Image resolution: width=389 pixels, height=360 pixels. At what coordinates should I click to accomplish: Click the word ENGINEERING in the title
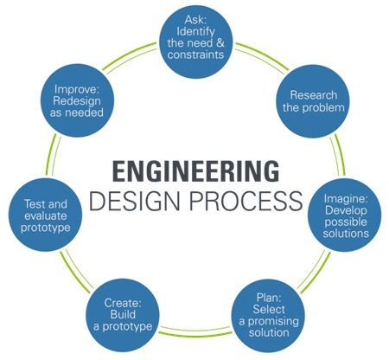click(x=196, y=171)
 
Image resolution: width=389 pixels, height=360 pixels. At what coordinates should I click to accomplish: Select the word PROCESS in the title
click(x=246, y=201)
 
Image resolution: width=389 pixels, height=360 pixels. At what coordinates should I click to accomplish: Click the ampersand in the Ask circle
click(x=220, y=43)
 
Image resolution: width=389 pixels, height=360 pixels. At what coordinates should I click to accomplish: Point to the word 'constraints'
click(x=195, y=55)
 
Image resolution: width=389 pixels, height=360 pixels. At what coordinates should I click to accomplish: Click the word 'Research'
click(x=314, y=95)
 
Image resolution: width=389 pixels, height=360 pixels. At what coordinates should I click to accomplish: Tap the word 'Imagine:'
click(x=346, y=199)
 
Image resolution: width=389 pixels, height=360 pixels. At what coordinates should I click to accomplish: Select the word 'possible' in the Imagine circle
click(x=346, y=222)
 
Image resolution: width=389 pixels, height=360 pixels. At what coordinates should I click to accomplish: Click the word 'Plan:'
click(x=269, y=298)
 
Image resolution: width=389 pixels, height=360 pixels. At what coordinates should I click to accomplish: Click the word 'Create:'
click(x=123, y=303)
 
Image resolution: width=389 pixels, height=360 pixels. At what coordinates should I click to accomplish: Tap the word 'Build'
click(x=123, y=314)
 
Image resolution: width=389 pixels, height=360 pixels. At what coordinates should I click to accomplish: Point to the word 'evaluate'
click(x=46, y=215)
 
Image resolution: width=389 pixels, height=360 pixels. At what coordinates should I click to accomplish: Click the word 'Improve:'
click(x=77, y=89)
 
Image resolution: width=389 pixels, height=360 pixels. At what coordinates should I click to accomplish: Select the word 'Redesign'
click(x=77, y=101)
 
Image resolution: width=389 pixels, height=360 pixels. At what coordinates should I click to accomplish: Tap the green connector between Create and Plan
click(x=195, y=331)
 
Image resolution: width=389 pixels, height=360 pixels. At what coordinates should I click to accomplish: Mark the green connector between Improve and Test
click(x=53, y=156)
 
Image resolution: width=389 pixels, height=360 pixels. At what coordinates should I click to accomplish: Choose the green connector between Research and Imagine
click(x=338, y=155)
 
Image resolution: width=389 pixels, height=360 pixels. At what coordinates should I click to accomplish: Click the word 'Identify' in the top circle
click(x=195, y=31)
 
